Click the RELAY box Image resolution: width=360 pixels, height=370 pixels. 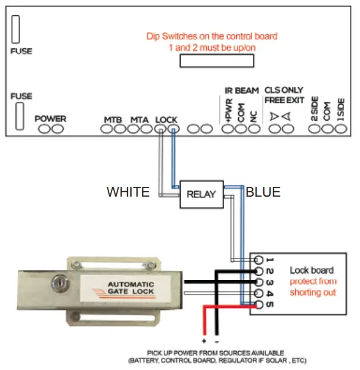[201, 194]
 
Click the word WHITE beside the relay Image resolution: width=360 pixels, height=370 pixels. [128, 192]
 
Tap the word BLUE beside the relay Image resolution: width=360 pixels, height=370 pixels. [263, 192]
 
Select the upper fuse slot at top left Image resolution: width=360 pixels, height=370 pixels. [17, 29]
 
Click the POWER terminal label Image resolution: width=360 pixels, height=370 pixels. [50, 118]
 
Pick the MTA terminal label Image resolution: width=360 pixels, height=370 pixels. [140, 119]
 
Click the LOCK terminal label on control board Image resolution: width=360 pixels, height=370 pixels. [167, 119]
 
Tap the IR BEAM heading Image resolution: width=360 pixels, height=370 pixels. [241, 91]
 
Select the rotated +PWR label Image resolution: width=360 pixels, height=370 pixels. [228, 110]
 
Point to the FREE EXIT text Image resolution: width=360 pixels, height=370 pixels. [284, 100]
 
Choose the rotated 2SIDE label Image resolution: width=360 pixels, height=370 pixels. [314, 108]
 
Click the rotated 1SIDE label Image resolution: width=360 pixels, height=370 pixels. [341, 108]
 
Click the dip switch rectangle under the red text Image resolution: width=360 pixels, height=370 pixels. [216, 60]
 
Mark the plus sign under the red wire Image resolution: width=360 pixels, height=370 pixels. [204, 339]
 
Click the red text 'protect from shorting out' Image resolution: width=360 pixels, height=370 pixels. [313, 287]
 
